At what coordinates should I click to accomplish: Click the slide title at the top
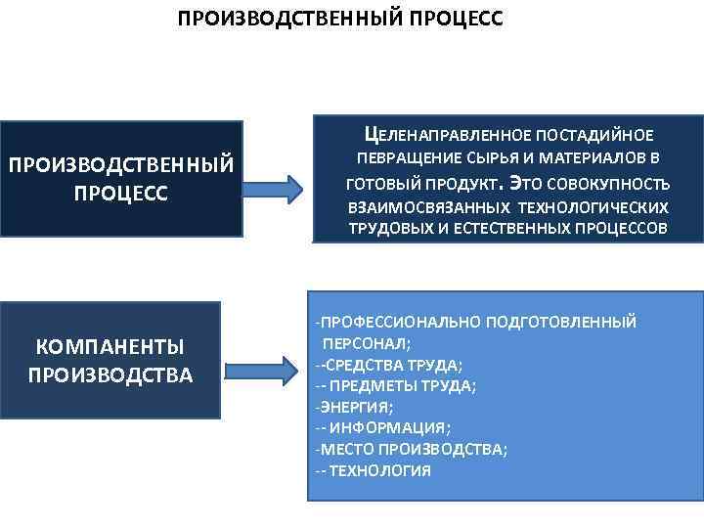[339, 19]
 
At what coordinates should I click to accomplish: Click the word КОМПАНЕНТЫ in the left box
[110, 345]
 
